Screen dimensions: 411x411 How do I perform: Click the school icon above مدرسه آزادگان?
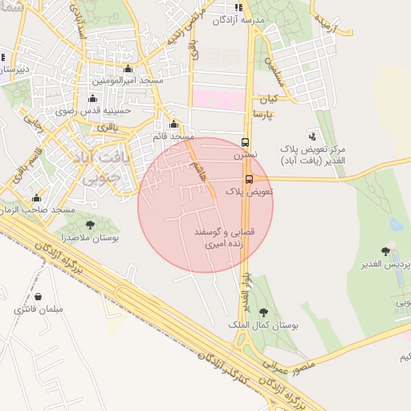click(x=239, y=7)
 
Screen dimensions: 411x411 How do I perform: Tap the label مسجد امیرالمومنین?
click(x=127, y=81)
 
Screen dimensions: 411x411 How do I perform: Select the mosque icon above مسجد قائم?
click(x=174, y=124)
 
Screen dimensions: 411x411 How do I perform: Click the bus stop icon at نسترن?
click(x=246, y=139)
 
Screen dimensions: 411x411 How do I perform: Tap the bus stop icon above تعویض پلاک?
click(x=249, y=179)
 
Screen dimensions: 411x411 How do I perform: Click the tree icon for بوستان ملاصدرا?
click(x=89, y=225)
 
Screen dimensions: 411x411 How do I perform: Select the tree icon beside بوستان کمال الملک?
click(x=264, y=313)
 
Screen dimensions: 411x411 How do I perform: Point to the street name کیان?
click(x=267, y=100)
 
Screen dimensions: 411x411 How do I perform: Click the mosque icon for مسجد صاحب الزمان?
click(x=36, y=197)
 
